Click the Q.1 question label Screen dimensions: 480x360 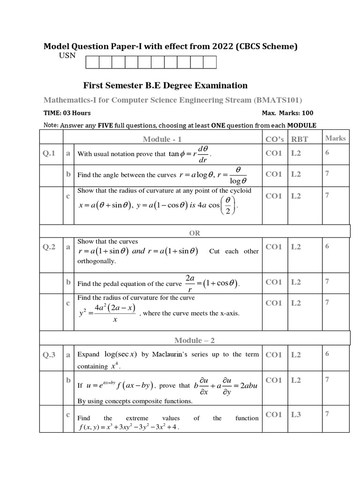(49, 153)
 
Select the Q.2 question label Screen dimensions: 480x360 (49, 247)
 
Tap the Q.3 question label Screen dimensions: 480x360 (49, 355)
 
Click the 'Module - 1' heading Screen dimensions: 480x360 (162, 139)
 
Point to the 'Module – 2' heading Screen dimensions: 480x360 (194, 340)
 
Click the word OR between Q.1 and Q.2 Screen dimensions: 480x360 (194, 232)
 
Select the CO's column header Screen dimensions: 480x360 (275, 139)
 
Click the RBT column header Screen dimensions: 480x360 (300, 139)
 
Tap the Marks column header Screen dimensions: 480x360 (335, 138)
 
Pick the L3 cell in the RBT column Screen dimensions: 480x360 (296, 414)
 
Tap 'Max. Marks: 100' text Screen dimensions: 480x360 (287, 113)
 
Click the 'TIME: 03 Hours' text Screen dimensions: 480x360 (67, 113)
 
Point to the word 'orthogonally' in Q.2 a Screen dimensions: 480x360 (96, 261)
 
